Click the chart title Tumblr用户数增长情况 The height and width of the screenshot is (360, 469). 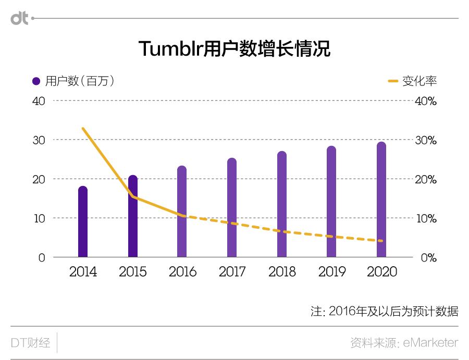coord(234,49)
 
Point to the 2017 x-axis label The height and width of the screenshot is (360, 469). coord(232,272)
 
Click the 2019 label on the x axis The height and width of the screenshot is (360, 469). coord(332,272)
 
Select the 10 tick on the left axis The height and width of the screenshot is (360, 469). coord(40,218)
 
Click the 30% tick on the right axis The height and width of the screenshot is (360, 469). coord(425,141)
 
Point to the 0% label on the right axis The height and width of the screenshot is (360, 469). coord(428,258)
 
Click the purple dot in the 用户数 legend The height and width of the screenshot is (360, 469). coord(36,81)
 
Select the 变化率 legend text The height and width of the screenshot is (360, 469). coord(419,81)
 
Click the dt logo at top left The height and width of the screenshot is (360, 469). coord(19,18)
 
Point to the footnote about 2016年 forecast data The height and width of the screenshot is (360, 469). coord(385,312)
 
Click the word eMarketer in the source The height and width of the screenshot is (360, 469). coord(431,343)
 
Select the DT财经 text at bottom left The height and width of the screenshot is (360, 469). coord(31,343)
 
